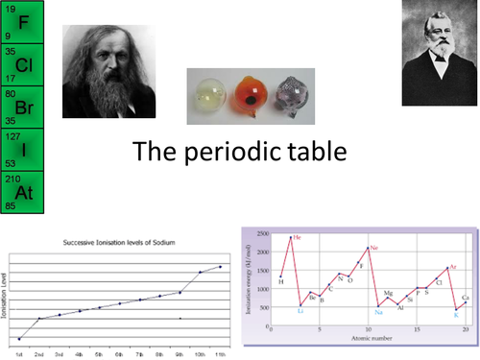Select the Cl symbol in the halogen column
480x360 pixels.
[x=24, y=65]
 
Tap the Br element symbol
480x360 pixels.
[x=24, y=108]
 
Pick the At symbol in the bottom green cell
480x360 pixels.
[x=24, y=191]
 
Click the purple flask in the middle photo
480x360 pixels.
[x=305, y=96]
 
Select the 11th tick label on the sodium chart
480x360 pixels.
[x=221, y=353]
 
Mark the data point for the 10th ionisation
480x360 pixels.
[x=201, y=272]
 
